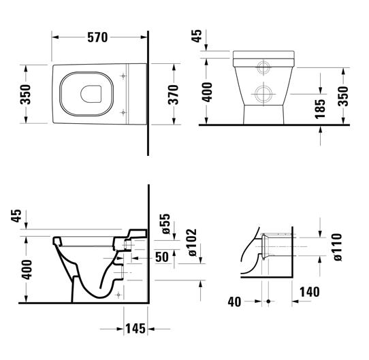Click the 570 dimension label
click(x=97, y=37)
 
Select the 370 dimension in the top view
click(x=174, y=95)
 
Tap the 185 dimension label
click(x=320, y=108)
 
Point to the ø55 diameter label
click(x=166, y=224)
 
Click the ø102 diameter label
click(x=193, y=242)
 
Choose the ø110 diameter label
click(x=338, y=247)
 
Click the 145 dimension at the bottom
click(x=135, y=329)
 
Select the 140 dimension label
click(x=310, y=292)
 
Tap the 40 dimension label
click(x=234, y=302)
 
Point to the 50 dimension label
click(x=162, y=257)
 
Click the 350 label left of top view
click(x=25, y=95)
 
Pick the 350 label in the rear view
click(x=342, y=96)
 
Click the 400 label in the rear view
click(x=208, y=93)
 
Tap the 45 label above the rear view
click(x=197, y=36)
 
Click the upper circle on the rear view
click(x=263, y=67)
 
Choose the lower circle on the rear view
click(x=263, y=95)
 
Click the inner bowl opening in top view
click(x=91, y=94)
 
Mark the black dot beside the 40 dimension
click(x=268, y=301)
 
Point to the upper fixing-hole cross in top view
click(x=123, y=76)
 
